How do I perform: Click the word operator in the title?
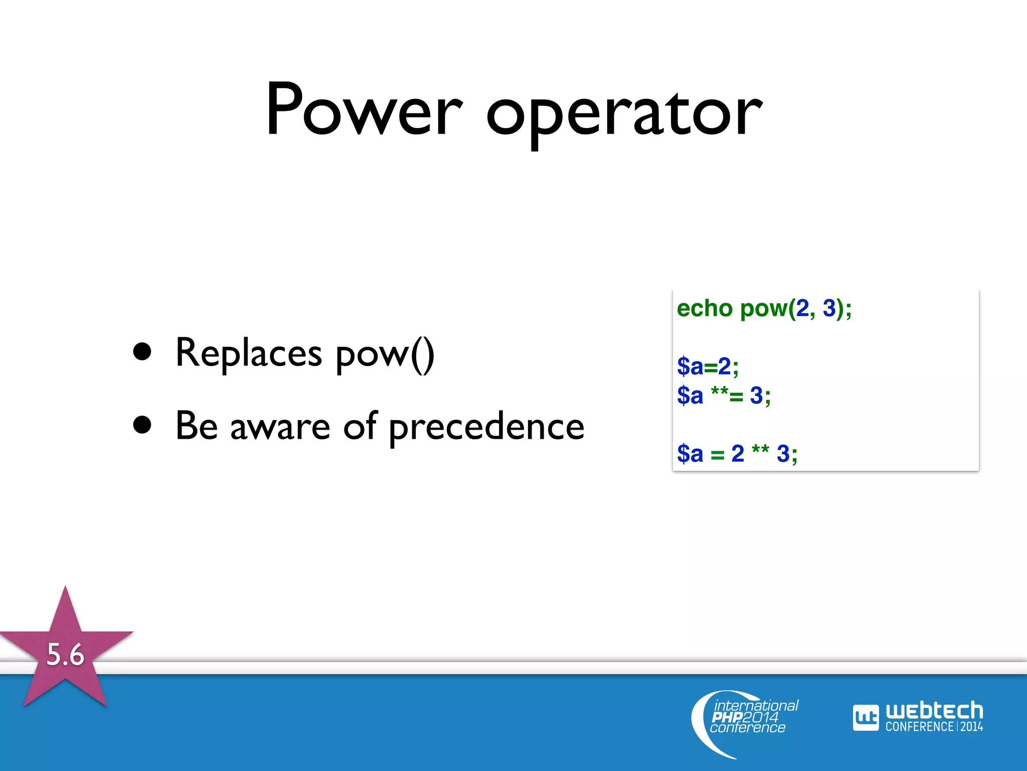tap(624, 115)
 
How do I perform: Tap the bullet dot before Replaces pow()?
tap(142, 352)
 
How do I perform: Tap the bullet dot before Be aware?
tap(142, 425)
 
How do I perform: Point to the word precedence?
tap(486, 427)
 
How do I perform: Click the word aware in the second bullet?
tap(280, 427)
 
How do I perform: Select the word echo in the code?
tap(704, 308)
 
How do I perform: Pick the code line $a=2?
tap(708, 366)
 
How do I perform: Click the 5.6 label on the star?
tap(65, 655)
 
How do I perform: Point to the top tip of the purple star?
tap(65, 588)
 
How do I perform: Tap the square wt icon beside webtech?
tap(866, 718)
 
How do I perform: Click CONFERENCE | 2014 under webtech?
tap(934, 727)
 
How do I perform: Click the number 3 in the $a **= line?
tap(756, 396)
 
